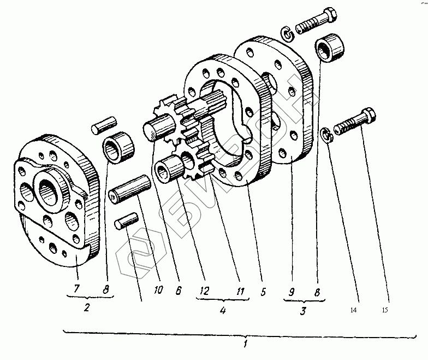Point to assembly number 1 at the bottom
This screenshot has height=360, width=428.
[x=246, y=345]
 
